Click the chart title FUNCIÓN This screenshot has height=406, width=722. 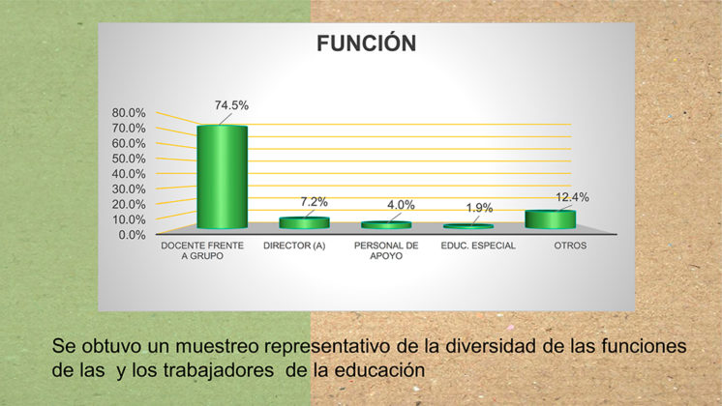coord(367,43)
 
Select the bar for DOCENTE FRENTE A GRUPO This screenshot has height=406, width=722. coord(223,177)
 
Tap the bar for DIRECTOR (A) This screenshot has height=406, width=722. coord(304,223)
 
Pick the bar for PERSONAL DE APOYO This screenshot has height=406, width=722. coord(386,225)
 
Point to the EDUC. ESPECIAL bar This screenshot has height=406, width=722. coord(468,226)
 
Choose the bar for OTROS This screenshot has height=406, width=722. coord(551,219)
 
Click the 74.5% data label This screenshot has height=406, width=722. coord(231,105)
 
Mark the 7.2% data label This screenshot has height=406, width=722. coord(314,202)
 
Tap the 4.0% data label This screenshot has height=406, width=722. coord(401,205)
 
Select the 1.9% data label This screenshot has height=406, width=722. coord(479,208)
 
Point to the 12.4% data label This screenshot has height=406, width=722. coord(572,197)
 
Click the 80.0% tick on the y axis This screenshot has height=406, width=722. coord(129,113)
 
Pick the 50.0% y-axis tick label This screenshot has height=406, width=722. coord(129,159)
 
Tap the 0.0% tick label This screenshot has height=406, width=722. coord(132,235)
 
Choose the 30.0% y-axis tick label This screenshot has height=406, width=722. coord(129,188)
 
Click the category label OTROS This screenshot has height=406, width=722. coord(570,246)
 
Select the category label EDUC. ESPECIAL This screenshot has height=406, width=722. coord(478,246)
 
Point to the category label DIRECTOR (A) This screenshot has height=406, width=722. coord(294,246)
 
